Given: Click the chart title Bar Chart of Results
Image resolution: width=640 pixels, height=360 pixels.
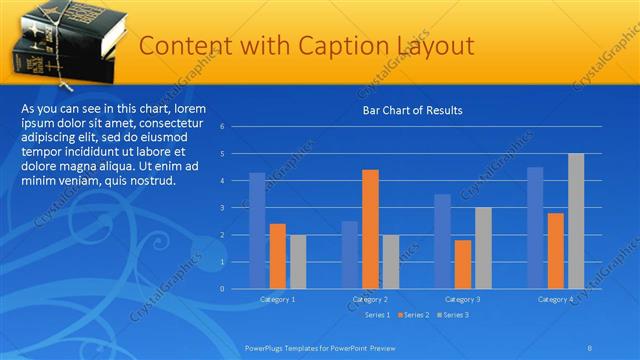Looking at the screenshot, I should point(412,110).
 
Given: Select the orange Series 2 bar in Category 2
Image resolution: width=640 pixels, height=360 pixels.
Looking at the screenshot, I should point(370,229).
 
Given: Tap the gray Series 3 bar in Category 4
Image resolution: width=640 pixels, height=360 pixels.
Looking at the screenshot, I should point(576,221).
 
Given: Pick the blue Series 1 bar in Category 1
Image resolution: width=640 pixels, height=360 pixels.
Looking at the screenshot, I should point(257,230).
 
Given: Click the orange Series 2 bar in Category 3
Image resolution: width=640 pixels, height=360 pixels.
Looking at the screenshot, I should point(463,264).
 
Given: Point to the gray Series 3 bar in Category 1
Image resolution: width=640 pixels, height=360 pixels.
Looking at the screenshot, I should point(298,261).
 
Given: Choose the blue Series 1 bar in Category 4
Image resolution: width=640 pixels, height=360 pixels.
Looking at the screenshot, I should point(535,227).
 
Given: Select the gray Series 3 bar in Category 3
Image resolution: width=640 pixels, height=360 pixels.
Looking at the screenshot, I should point(483,248).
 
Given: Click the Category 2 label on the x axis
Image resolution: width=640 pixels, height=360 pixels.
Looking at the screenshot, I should point(370,299).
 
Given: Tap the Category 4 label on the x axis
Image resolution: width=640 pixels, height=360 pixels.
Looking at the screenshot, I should point(555,299).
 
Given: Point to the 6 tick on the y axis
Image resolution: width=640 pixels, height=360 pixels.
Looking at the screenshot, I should point(236,127).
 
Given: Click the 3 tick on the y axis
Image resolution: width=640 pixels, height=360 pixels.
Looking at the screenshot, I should point(236,208).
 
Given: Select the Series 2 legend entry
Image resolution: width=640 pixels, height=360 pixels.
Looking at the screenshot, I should point(412,315).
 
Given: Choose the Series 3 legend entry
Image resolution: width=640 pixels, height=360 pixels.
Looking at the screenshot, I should point(453,315).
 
